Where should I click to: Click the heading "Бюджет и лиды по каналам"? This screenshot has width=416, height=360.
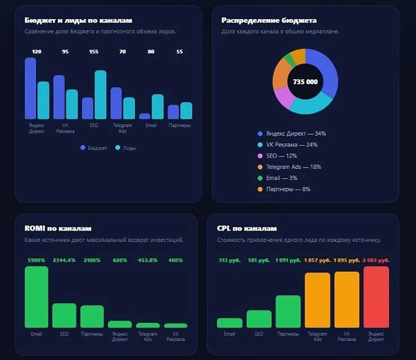coord(78,20)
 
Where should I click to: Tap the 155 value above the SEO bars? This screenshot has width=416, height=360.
coord(94,52)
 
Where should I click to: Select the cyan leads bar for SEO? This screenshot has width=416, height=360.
coord(101,94)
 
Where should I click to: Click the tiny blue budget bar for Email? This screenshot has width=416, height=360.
coord(144,116)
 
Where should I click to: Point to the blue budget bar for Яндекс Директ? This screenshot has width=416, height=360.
coord(30,88)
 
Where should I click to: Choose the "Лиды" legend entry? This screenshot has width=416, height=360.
coord(126,148)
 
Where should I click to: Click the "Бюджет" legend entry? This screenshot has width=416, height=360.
coord(94,148)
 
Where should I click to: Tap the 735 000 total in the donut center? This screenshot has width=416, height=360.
coord(305,82)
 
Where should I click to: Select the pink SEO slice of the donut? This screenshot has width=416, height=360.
coord(284,97)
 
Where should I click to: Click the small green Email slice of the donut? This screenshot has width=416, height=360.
coord(290,60)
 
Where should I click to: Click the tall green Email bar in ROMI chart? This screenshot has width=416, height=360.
coord(37,297)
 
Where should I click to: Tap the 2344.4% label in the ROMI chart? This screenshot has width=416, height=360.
coord(64,260)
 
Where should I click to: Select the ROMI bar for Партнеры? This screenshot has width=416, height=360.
coord(92,317)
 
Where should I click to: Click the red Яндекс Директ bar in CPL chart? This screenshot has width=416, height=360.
coord(376,297)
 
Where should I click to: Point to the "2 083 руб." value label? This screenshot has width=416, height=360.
coord(376,260)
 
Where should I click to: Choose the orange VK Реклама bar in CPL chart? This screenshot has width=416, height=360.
coord(347,299)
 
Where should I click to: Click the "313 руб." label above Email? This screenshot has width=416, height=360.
coord(229,260)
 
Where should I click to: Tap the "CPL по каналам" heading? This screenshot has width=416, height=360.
coord(247,228)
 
